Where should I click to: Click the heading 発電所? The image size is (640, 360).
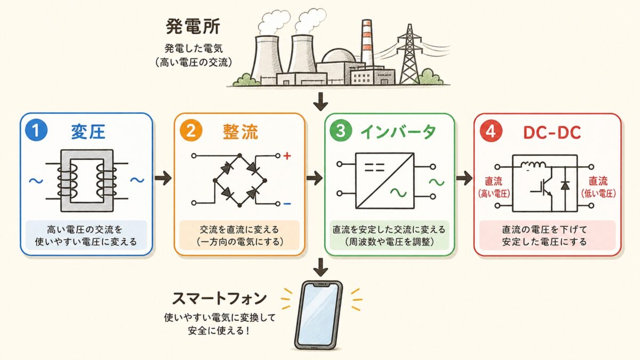(193, 27)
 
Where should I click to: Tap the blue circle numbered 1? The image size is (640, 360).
(36, 130)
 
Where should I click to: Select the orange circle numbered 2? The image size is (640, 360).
(191, 131)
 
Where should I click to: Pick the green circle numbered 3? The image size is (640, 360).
(341, 131)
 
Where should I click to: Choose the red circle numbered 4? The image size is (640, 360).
(491, 131)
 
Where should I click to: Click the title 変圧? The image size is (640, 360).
(89, 132)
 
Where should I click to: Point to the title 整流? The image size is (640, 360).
(241, 132)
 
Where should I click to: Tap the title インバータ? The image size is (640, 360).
(398, 132)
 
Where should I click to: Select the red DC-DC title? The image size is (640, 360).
(552, 133)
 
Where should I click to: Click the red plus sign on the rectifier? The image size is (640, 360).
(287, 156)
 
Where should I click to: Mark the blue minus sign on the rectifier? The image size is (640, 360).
(287, 204)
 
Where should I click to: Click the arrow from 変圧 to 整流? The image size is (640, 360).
(163, 178)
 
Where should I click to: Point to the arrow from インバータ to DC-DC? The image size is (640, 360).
(465, 178)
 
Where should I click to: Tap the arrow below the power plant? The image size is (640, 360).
(321, 101)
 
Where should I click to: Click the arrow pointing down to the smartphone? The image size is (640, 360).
(321, 267)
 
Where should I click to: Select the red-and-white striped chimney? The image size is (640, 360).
(367, 42)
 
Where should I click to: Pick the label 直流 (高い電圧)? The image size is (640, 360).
(494, 187)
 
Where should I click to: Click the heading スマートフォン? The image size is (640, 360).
(219, 299)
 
